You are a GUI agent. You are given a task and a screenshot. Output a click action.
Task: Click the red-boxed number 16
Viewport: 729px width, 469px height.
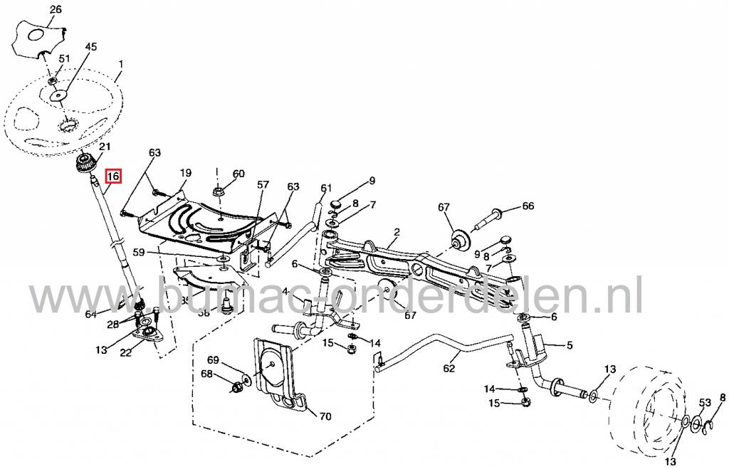pos(114,176)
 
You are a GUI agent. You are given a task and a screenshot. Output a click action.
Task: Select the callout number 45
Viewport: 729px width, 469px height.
pos(91,47)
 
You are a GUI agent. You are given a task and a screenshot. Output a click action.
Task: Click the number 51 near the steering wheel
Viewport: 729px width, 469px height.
pos(64,58)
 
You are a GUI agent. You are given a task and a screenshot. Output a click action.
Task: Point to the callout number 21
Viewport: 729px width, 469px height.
pos(105,147)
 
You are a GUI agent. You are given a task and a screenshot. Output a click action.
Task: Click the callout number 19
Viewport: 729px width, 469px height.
pos(185,173)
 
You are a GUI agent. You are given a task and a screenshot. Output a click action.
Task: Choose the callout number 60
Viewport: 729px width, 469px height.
pos(238,173)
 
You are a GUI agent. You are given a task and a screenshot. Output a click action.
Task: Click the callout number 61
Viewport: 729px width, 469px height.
pos(326,188)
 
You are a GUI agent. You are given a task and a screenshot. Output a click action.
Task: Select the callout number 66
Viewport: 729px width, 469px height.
pos(528,206)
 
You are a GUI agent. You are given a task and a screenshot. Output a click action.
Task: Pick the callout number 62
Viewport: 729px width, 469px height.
pos(448,369)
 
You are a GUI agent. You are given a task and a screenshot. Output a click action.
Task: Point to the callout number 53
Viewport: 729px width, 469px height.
pos(704,404)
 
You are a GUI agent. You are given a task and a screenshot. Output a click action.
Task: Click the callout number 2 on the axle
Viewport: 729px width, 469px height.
pos(397,233)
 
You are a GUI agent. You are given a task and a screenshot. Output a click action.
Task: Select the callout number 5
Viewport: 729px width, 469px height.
pos(570,346)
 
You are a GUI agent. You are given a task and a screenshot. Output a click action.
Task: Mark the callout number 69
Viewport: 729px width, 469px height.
pos(214,361)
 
